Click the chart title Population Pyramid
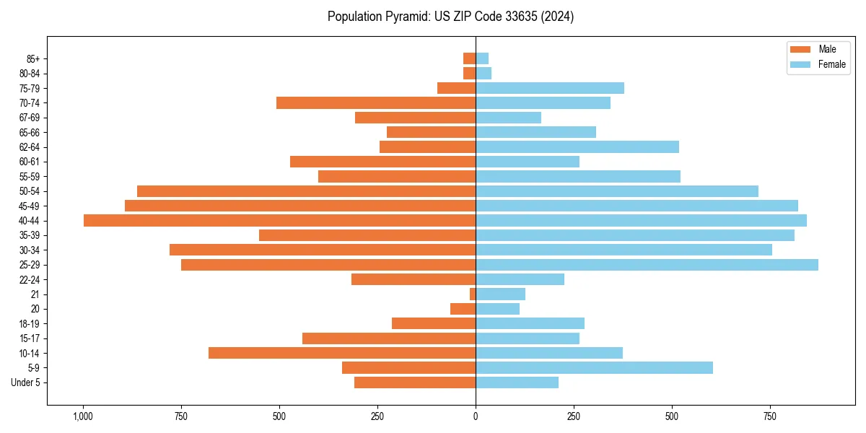[x=450, y=17]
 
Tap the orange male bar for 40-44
[x=279, y=220]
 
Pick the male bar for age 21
[x=473, y=294]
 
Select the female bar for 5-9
[x=594, y=368]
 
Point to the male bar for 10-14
[x=342, y=353]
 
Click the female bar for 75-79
[x=550, y=88]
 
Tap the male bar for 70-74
[x=376, y=102]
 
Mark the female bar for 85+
[x=482, y=58]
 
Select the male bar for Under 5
[x=415, y=382]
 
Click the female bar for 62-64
[x=577, y=146]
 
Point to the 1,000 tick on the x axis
[x=83, y=416]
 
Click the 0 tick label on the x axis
[x=476, y=416]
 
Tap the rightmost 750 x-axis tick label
[x=770, y=416]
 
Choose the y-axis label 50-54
[x=30, y=191]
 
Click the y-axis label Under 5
[x=25, y=382]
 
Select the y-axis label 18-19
[x=30, y=324]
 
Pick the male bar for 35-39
[x=367, y=235]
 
